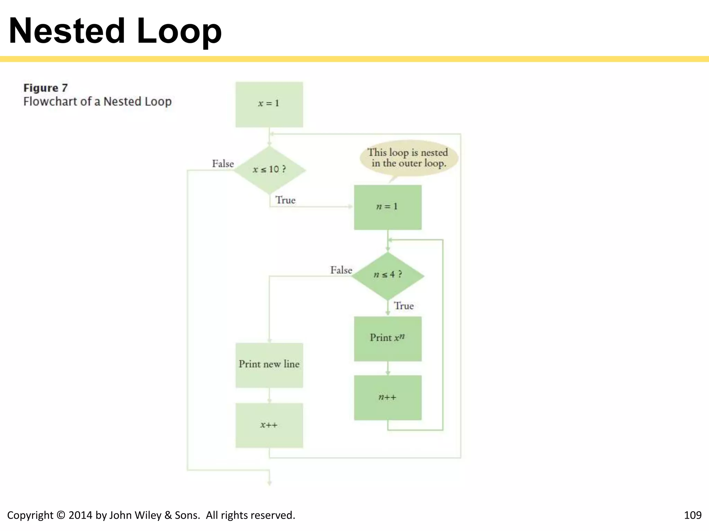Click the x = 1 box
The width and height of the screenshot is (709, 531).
click(x=269, y=104)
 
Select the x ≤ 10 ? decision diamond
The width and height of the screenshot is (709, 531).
click(x=269, y=169)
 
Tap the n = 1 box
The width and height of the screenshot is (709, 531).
click(x=387, y=207)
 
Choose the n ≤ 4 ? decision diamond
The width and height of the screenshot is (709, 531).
click(x=388, y=275)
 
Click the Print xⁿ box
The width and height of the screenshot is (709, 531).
click(x=387, y=338)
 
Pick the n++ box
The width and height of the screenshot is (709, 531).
click(x=387, y=398)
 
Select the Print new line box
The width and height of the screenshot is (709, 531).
click(x=269, y=365)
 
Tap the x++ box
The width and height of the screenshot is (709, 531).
click(x=269, y=425)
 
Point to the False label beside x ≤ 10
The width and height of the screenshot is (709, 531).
click(x=223, y=164)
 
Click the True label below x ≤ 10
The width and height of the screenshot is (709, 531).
click(x=285, y=200)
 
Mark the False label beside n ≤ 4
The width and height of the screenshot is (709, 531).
click(x=341, y=270)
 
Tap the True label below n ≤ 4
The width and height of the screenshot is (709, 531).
click(x=404, y=306)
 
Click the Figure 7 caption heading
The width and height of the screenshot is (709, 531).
click(x=45, y=88)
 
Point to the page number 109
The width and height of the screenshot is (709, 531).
click(x=692, y=515)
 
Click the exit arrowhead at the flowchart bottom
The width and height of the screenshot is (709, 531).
click(x=269, y=483)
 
